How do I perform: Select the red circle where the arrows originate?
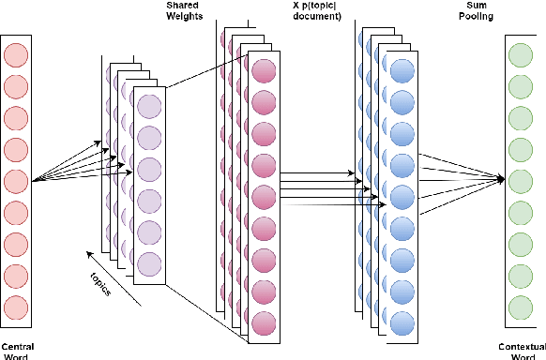(16, 181)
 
